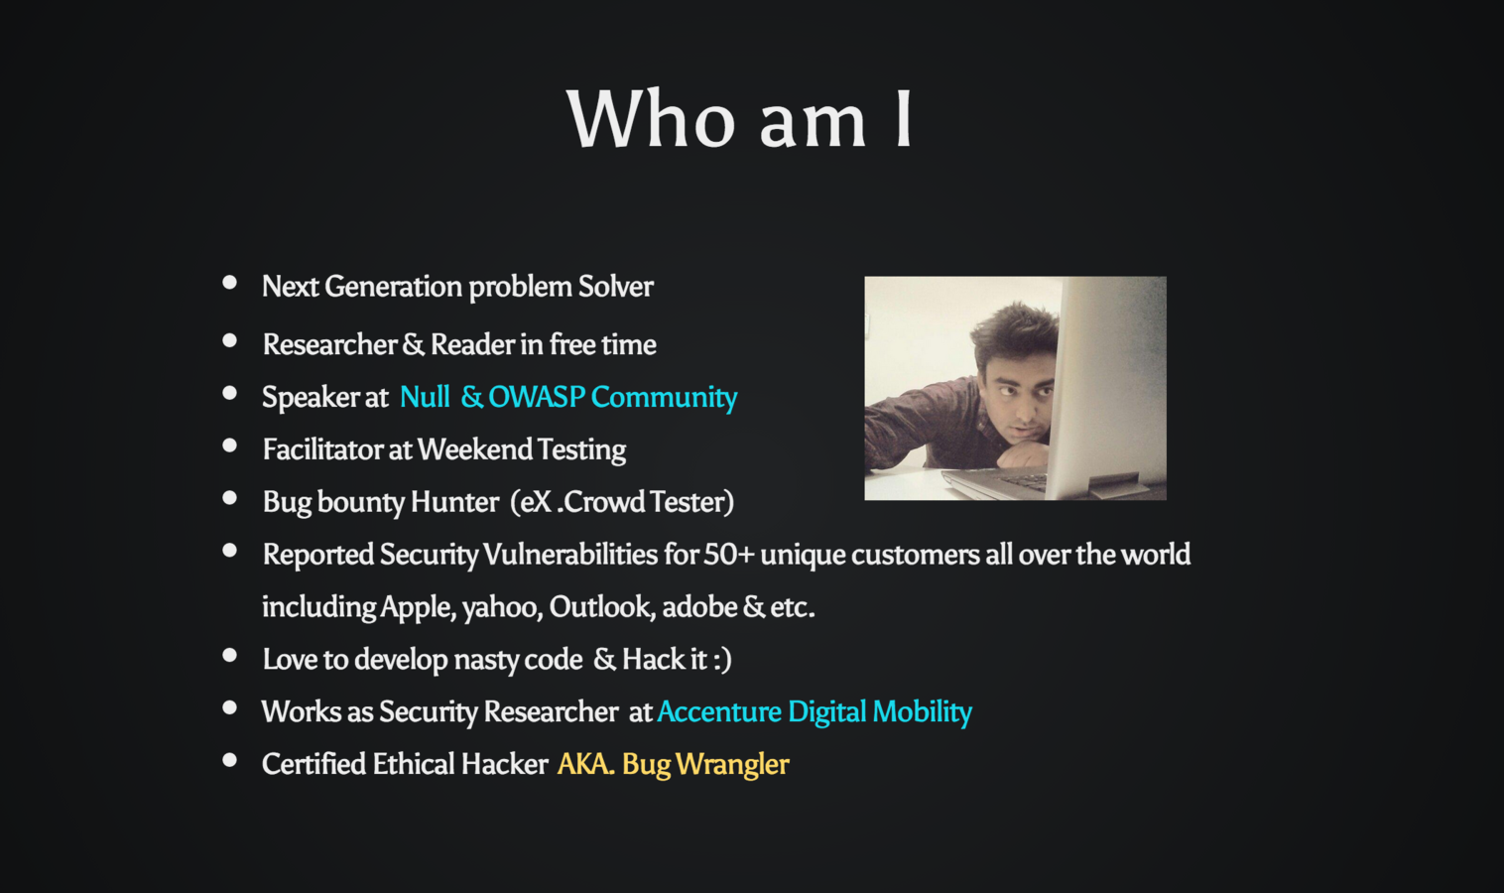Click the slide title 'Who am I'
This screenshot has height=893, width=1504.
[740, 119]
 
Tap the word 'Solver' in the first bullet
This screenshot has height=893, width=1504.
[616, 287]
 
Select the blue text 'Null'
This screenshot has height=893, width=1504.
[425, 397]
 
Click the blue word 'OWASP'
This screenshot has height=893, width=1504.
[537, 397]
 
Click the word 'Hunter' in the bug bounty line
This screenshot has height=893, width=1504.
[454, 501]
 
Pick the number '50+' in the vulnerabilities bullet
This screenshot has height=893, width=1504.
[729, 555]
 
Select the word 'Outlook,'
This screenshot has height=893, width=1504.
[601, 607]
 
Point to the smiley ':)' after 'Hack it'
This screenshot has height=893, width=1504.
[722, 660]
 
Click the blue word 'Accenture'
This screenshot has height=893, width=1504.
[719, 711]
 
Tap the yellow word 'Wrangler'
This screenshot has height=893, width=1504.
[732, 765]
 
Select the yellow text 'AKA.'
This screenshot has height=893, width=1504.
[585, 764]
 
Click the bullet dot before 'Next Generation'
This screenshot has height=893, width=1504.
[229, 283]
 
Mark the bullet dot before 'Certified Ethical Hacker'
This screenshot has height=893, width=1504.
[229, 761]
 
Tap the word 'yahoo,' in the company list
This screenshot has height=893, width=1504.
[503, 607]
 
